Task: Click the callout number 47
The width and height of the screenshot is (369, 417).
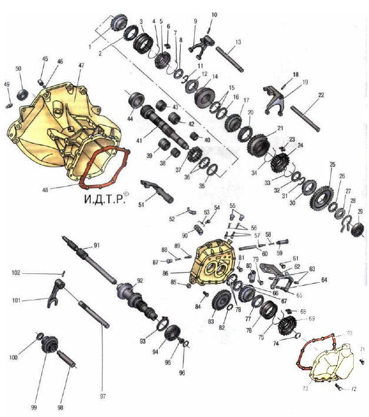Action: tap(81, 65)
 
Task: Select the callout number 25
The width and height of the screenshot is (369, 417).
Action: tap(333, 164)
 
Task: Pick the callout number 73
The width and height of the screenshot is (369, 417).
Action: tap(305, 388)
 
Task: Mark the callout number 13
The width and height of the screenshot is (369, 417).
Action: tap(238, 42)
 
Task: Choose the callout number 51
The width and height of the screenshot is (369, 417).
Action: tap(140, 205)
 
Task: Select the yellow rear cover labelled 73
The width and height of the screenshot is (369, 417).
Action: tap(327, 362)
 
